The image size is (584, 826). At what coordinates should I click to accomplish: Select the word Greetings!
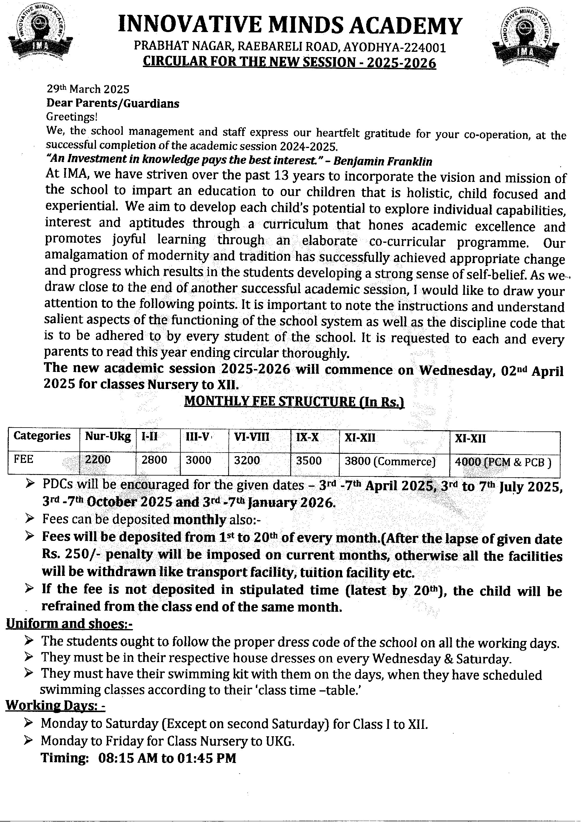[72, 117]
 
